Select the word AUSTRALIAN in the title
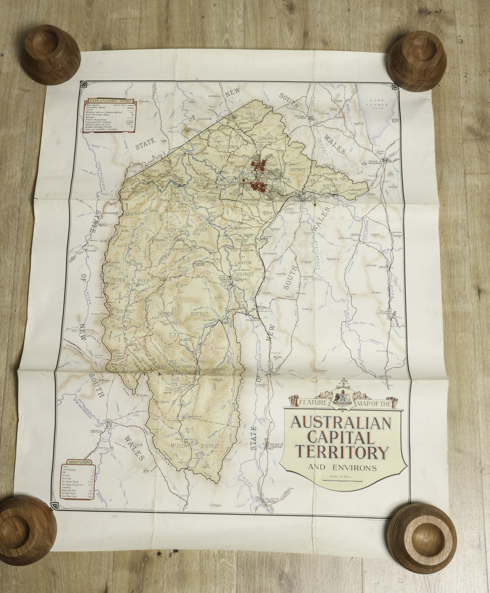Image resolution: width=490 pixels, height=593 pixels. [341, 423]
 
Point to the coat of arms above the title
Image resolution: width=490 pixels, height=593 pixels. [342, 397]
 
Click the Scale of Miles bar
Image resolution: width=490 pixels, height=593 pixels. [343, 481]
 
